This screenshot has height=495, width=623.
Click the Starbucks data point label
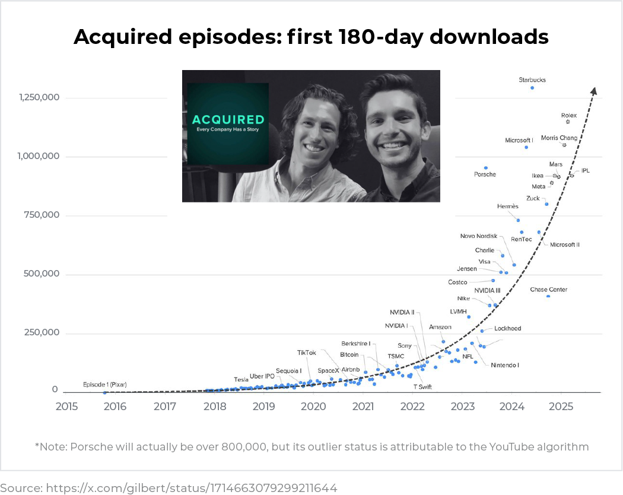[x=532, y=80]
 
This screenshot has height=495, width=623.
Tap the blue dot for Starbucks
[x=532, y=88]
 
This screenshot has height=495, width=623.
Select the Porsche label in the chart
[x=485, y=174]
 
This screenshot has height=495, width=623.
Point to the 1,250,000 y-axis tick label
[x=39, y=97]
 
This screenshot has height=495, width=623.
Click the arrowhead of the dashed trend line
[x=593, y=90]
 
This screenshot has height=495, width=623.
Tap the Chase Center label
[x=548, y=290]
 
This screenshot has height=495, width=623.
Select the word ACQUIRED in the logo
[x=228, y=119]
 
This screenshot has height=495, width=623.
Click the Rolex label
[x=568, y=116]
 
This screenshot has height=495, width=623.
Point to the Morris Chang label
[x=558, y=138]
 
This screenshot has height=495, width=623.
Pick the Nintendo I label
[x=504, y=365]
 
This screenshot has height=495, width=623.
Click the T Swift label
[x=422, y=387]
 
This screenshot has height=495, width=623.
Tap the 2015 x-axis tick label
[x=66, y=407]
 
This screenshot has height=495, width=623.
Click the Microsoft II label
[x=564, y=245]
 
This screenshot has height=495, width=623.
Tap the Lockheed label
[x=507, y=329]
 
